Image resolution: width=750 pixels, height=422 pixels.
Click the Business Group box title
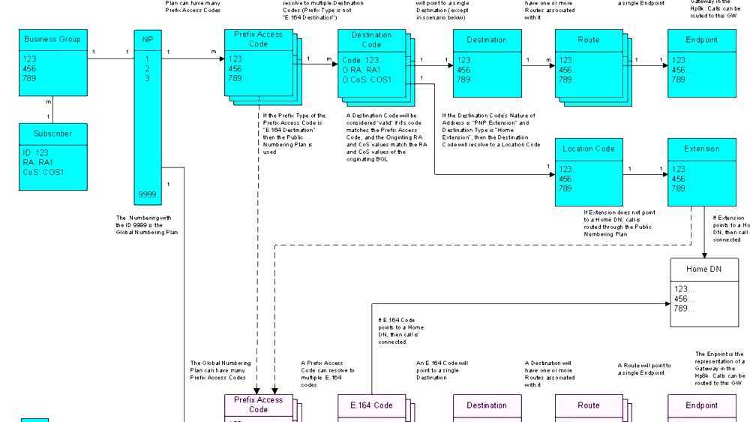pos(52,40)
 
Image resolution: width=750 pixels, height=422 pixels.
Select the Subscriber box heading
pos(52,134)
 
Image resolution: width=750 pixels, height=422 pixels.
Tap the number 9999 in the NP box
pos(147,194)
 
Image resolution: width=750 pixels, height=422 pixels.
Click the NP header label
pos(147,40)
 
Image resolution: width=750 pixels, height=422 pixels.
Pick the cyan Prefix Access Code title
pos(259,39)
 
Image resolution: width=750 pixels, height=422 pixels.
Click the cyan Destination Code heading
pos(371,40)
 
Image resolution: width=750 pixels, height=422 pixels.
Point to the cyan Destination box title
pos(486,40)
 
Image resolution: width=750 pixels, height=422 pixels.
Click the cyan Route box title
pos(589,40)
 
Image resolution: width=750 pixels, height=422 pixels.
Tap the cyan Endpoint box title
pos(701,40)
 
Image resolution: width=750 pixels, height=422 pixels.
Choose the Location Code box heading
pos(589,149)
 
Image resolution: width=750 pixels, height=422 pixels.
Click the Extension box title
pos(701,149)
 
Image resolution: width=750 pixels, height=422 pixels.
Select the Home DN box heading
pos(703,270)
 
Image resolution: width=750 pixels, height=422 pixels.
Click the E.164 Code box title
pos(372,405)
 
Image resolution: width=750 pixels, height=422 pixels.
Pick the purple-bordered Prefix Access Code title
pos(259,405)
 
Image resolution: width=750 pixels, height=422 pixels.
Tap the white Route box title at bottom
pos(589,405)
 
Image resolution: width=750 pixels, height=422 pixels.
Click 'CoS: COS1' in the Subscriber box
pos(43,172)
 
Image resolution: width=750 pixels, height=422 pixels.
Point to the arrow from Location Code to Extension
pos(645,175)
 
